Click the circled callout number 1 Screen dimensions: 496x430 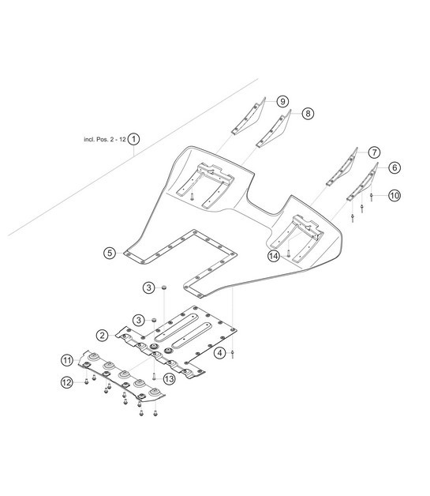[135, 138]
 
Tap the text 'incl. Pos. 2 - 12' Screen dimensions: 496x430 [105, 138]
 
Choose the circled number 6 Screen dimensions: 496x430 [394, 167]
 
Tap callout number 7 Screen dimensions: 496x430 [373, 152]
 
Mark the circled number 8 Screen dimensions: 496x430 [307, 113]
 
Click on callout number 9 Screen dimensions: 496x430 [282, 100]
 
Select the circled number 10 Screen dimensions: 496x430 [394, 194]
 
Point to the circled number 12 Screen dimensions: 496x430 [68, 382]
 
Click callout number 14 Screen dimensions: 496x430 [273, 256]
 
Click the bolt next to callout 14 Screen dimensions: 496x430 [289, 253]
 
